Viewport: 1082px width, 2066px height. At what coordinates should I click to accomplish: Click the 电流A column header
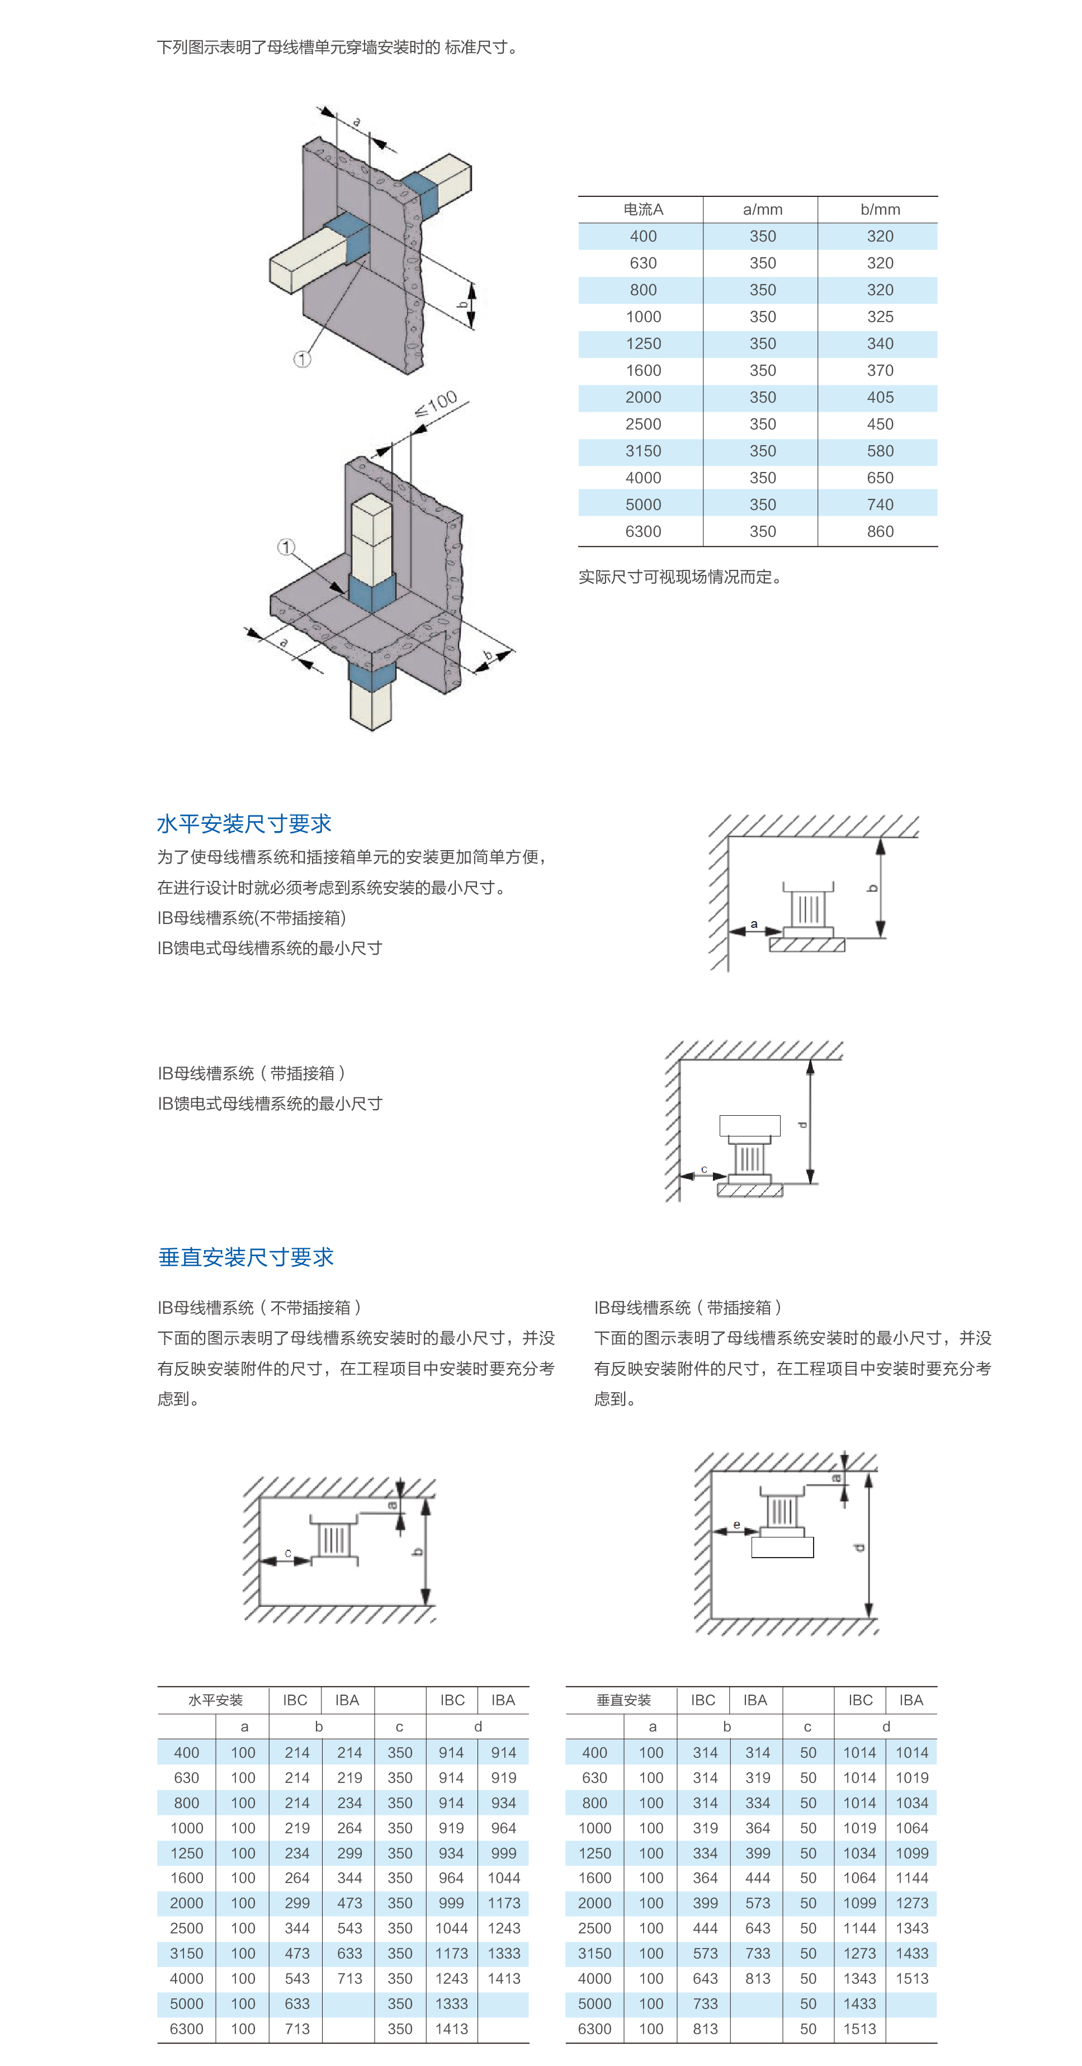(642, 209)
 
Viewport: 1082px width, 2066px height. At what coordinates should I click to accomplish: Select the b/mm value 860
(880, 531)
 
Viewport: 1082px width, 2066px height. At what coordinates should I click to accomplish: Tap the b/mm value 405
(880, 397)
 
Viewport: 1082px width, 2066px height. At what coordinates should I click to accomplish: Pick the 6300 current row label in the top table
(642, 531)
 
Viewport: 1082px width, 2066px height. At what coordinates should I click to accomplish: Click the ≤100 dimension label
(436, 403)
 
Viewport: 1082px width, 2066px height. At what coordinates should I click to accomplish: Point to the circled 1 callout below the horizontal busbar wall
(301, 359)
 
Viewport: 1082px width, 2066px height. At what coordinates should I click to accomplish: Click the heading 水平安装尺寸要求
(244, 824)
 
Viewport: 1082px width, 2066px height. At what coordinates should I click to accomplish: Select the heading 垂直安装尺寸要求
(245, 1257)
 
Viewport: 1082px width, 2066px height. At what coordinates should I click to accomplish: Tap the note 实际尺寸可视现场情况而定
(679, 577)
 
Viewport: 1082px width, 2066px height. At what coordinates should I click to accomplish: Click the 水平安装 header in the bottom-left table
(215, 1700)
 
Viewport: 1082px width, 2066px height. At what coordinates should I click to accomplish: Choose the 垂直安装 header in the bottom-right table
(623, 1700)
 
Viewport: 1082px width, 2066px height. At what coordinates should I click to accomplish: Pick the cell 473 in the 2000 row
(349, 1902)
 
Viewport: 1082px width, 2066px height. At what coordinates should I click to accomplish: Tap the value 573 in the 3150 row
(705, 1953)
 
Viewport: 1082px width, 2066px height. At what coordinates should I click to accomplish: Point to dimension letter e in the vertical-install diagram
(736, 1525)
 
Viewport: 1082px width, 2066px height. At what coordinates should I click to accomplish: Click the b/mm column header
(880, 209)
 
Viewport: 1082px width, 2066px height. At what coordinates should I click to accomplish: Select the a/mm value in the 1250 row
(762, 343)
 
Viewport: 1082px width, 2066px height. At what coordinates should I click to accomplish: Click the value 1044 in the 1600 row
(504, 1878)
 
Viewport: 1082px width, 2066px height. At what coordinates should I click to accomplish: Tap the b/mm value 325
(880, 317)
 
